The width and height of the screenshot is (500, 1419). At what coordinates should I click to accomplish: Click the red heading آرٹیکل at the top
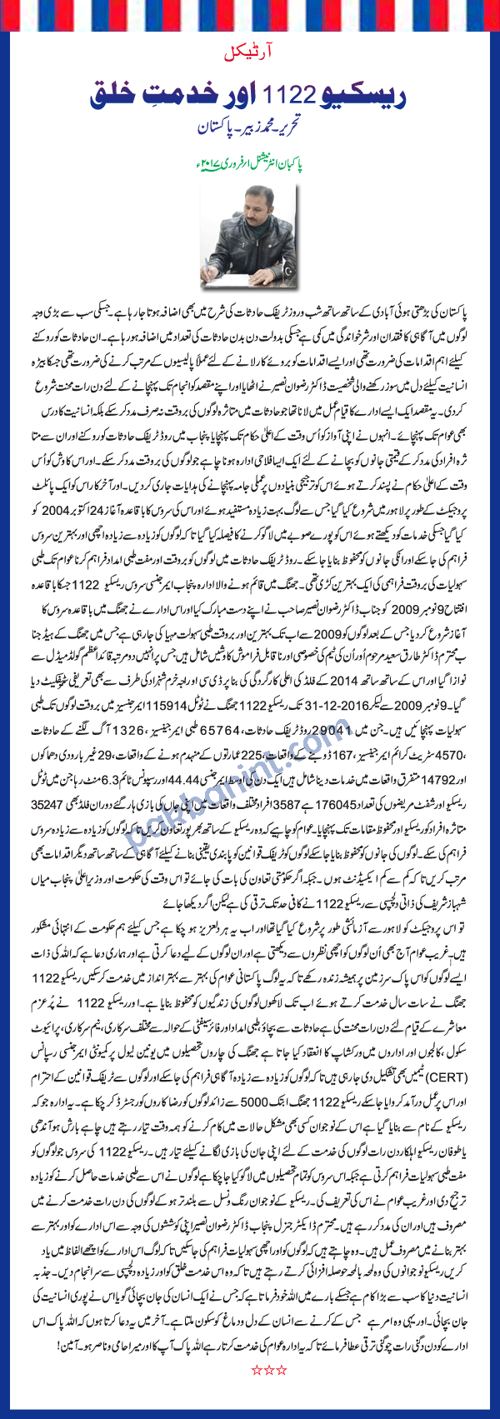[250, 54]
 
